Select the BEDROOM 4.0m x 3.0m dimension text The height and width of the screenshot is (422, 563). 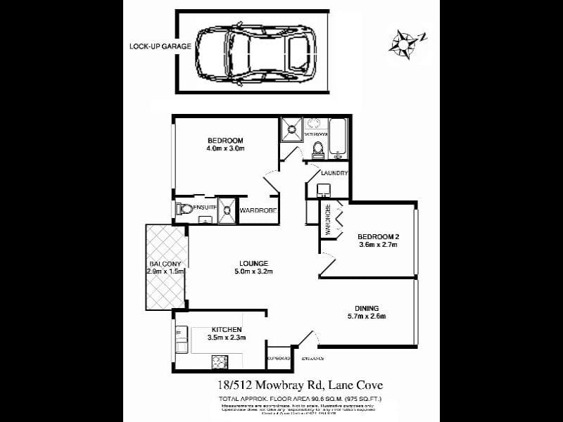(225, 148)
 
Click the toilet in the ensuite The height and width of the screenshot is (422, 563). (184, 210)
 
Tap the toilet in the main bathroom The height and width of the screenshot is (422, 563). (317, 148)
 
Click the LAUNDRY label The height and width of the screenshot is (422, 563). (334, 173)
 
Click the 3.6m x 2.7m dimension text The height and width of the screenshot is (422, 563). (379, 245)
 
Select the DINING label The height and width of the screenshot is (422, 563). (367, 308)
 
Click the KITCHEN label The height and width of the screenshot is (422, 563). (227, 329)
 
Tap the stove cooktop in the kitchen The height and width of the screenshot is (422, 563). (220, 362)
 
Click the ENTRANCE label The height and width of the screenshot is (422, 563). (312, 359)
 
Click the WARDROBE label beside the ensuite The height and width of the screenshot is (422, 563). (258, 210)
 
